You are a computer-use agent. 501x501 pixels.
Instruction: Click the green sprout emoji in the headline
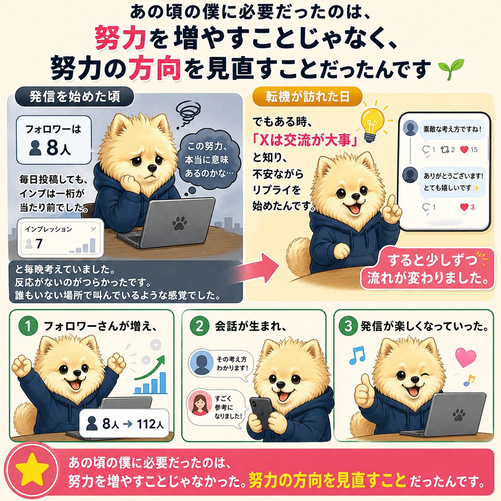[447, 69]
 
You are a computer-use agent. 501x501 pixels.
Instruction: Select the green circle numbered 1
[28, 326]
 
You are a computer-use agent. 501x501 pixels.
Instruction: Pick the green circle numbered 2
[200, 326]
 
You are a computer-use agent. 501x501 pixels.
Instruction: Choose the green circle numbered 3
[348, 326]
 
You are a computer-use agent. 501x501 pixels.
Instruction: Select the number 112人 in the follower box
[150, 423]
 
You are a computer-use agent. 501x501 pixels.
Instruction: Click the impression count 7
[39, 243]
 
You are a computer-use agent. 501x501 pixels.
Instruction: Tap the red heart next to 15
[464, 149]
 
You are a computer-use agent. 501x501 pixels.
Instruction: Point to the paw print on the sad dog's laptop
[180, 223]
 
